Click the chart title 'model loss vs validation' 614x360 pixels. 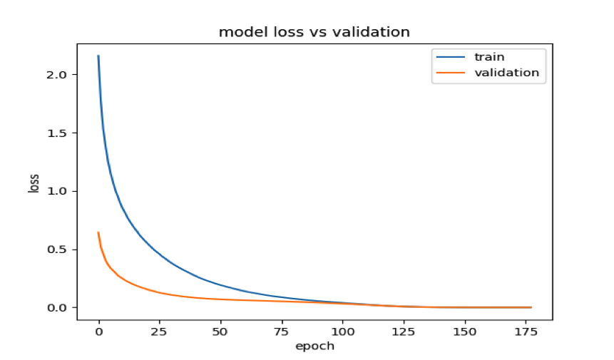pyautogui.click(x=314, y=32)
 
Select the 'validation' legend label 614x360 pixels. pyautogui.click(x=501, y=72)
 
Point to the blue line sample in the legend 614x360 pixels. pyautogui.click(x=446, y=57)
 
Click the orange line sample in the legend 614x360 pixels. pyautogui.click(x=446, y=73)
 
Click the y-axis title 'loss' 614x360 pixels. pyautogui.click(x=34, y=184)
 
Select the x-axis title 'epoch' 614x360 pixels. pyautogui.click(x=314, y=346)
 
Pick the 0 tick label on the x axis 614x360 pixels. pyautogui.click(x=99, y=332)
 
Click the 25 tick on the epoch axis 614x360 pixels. pyautogui.click(x=160, y=332)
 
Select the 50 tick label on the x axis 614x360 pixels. pyautogui.click(x=221, y=332)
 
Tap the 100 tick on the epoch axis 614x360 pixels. pyautogui.click(x=343, y=332)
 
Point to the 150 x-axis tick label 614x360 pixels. pyautogui.click(x=465, y=332)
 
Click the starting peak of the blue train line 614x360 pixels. pyautogui.click(x=98, y=56)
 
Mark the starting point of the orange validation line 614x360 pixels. pyautogui.click(x=98, y=232)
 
